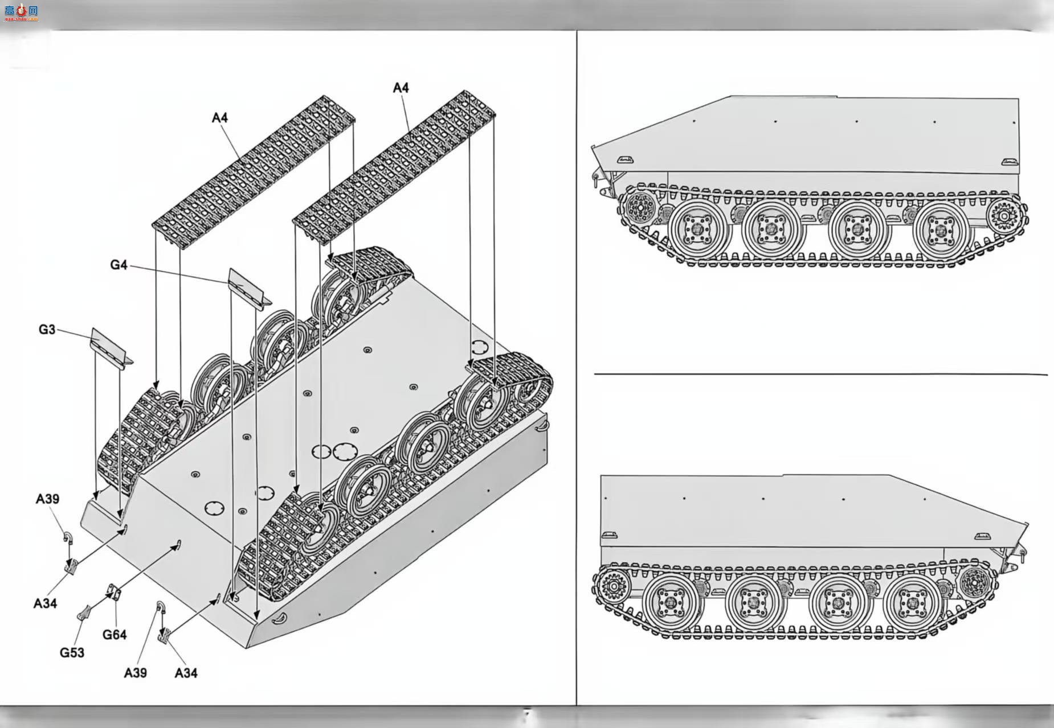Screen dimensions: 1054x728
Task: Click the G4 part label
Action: coord(119,265)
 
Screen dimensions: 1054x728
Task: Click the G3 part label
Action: coord(47,330)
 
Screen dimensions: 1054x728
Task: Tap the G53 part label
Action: coord(72,653)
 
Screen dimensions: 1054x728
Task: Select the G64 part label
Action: coord(115,635)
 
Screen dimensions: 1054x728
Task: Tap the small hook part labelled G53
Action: coord(85,612)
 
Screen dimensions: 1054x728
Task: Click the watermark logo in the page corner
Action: coord(21,11)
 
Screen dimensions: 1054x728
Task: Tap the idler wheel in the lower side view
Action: coord(975,582)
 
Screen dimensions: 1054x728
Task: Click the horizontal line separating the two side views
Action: coord(821,375)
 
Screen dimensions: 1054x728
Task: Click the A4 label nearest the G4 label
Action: coord(219,118)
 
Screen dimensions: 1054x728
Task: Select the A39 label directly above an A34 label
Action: coord(47,499)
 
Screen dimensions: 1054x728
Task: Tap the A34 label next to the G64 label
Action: coord(45,603)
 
